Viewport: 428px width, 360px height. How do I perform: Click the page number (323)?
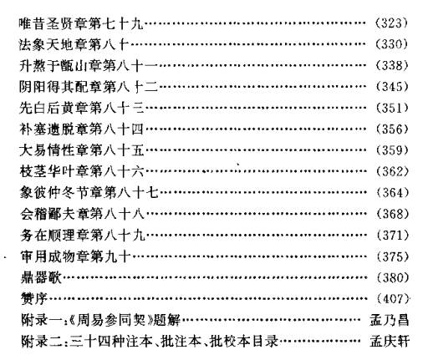pos(391,23)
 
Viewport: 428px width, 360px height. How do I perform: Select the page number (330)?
pos(391,44)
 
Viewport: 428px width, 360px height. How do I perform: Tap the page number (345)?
pos(392,87)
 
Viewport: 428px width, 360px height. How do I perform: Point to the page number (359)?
pos(392,150)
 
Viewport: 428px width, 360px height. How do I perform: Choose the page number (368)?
pos(392,214)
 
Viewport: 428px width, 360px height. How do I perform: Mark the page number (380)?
pos(392,277)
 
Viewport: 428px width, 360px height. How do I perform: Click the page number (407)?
pos(393,299)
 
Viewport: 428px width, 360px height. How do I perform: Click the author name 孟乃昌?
pos(390,320)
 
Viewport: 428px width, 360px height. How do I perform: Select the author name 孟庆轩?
pos(390,342)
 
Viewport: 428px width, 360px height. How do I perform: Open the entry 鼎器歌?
pos(41,277)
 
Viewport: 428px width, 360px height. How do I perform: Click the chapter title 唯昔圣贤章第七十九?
pos(81,23)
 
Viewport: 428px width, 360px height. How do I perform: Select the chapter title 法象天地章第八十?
pos(74,44)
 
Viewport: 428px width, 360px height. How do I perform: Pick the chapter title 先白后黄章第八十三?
pos(82,108)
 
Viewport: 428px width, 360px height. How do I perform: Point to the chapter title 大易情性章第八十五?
pos(82,150)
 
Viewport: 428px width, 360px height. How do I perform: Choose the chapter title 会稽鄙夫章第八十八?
pos(82,214)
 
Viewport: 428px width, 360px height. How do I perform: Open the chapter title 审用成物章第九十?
pos(75,256)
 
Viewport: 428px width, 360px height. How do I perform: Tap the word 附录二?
pos(42,342)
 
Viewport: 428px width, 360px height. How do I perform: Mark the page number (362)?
pos(392,171)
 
